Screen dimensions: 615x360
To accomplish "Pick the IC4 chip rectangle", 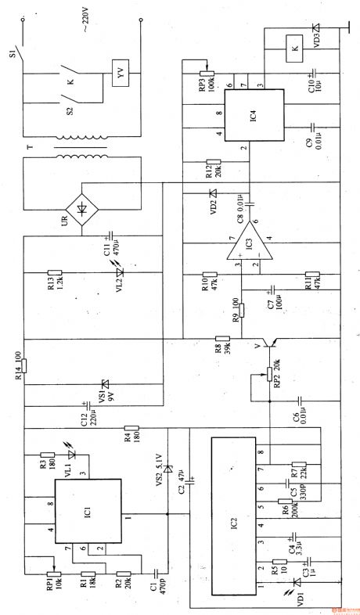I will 251,117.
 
